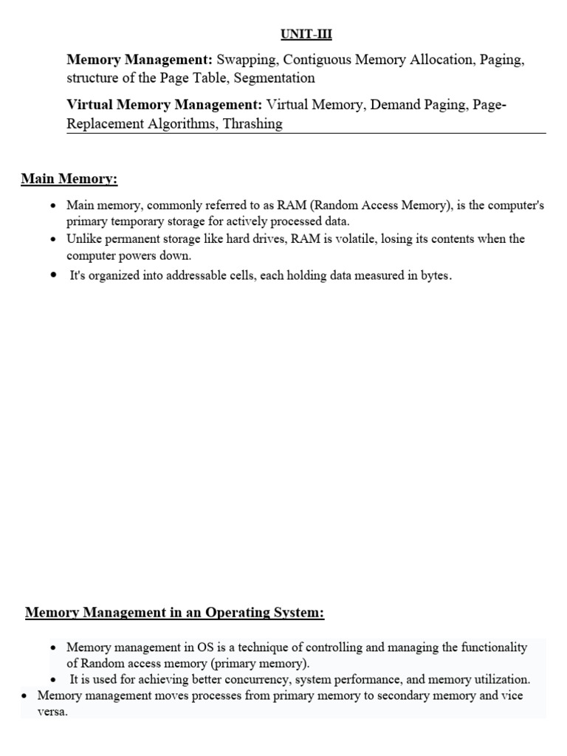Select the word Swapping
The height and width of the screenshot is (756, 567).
[247, 60]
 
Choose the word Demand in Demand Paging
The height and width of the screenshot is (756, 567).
[396, 106]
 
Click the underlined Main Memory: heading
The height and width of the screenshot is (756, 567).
[69, 179]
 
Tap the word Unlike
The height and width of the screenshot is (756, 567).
[83, 239]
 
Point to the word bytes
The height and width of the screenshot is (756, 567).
[434, 276]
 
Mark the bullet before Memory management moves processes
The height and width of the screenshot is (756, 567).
[25, 696]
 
